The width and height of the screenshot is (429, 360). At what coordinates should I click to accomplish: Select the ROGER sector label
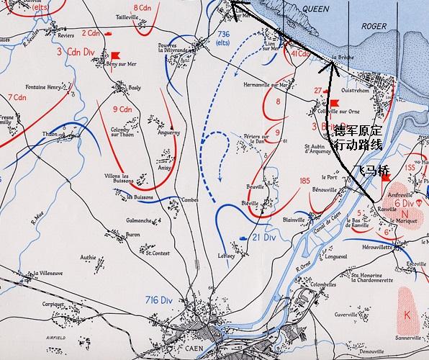click(x=374, y=26)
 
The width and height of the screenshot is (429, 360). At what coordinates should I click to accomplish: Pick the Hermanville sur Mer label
click(x=266, y=85)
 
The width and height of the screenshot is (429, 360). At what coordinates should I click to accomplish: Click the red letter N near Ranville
click(x=405, y=215)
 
